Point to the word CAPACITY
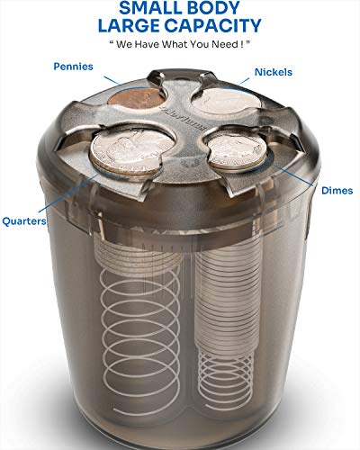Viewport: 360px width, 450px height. [212, 25]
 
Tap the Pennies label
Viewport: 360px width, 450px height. [73, 67]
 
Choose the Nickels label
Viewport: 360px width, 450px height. [274, 72]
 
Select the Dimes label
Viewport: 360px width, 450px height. [337, 191]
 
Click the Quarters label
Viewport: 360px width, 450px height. [24, 221]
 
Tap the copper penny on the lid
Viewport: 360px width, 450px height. [137, 98]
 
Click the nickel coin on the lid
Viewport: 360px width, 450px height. [226, 101]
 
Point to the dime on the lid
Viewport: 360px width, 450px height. [238, 152]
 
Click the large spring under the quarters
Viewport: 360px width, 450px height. [140, 340]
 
